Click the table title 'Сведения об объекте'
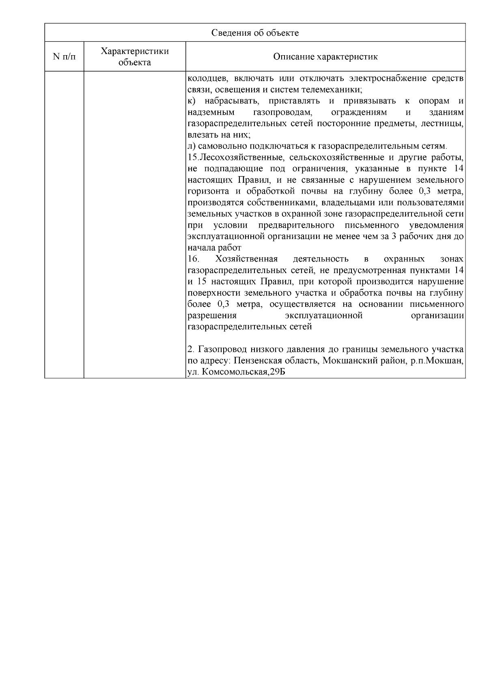(255, 33)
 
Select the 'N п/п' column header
(64, 57)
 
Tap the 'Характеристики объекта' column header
(135, 57)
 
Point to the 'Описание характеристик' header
(325, 57)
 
